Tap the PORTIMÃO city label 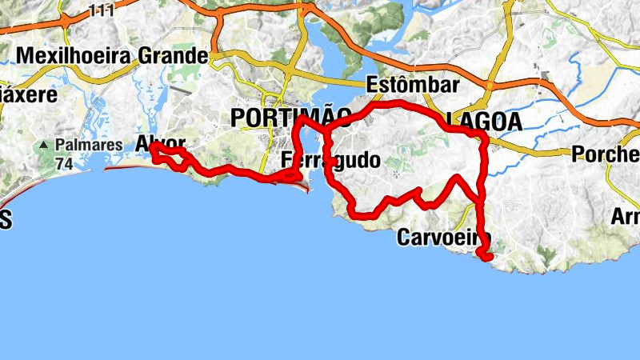pos(290,118)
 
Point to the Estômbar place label pos(413,85)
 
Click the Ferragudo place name pos(330,160)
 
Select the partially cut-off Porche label pos(606,154)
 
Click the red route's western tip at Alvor pos(150,146)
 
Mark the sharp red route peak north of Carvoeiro pos(457,177)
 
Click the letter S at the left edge pos(6,222)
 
